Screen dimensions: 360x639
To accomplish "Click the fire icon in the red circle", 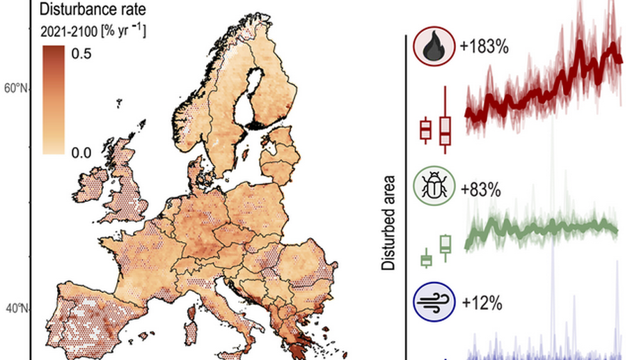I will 431,47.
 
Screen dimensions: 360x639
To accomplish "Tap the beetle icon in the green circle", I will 431,187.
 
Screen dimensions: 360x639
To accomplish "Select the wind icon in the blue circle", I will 431,303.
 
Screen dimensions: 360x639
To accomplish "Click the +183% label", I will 484,47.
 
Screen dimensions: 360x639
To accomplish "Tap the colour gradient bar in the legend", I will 53,100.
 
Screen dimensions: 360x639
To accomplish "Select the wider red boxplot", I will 445,129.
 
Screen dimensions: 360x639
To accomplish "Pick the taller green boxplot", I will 445,244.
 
